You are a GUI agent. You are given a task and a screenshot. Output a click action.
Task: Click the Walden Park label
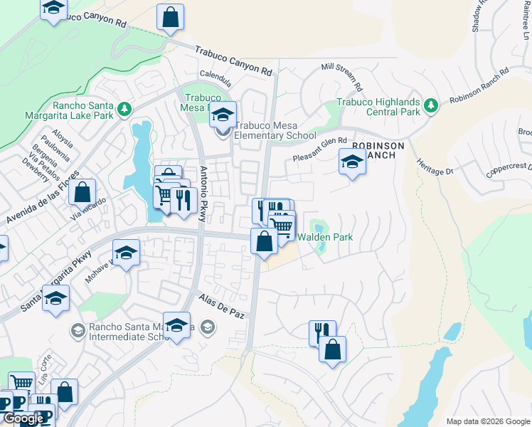pos(325,237)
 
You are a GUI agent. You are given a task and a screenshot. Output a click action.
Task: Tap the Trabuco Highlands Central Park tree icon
pos(430,105)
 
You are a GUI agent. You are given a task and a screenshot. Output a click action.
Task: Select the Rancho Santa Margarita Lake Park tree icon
pos(125,109)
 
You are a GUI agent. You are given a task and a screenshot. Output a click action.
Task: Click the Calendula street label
pos(216,74)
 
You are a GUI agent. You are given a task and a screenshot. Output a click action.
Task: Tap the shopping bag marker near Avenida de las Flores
pos(83,192)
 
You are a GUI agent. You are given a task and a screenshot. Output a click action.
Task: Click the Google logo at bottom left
pos(23,418)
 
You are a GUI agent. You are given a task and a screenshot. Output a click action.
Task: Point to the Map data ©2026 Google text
pos(487,421)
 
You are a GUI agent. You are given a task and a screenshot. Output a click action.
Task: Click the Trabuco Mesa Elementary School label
pos(275,130)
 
